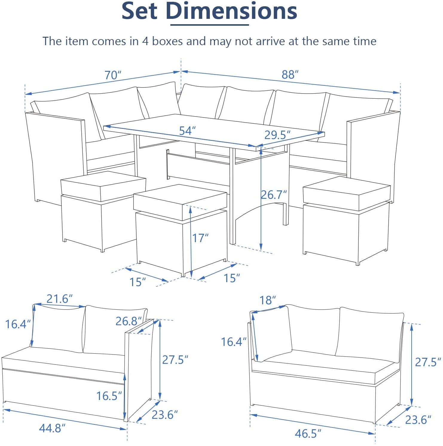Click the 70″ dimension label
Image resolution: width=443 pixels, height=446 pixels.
pyautogui.click(x=113, y=75)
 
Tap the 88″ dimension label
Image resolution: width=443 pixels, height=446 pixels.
pyautogui.click(x=290, y=74)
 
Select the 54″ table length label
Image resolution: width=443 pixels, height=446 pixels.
pyautogui.click(x=187, y=131)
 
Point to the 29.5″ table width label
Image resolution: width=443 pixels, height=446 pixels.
pyautogui.click(x=277, y=135)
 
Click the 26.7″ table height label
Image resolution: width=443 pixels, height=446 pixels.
pyautogui.click(x=274, y=195)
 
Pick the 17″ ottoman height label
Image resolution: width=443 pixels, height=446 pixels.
pyautogui.click(x=200, y=238)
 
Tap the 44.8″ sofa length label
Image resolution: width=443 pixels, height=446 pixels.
pyautogui.click(x=52, y=428)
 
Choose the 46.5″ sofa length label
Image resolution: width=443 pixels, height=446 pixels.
pyautogui.click(x=308, y=433)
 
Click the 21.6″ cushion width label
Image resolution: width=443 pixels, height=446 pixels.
pyautogui.click(x=59, y=299)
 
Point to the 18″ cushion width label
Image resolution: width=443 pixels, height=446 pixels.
pyautogui.click(x=267, y=300)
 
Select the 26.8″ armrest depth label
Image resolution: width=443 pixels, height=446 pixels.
pyautogui.click(x=129, y=321)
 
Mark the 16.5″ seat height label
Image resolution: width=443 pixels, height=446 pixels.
pyautogui.click(x=109, y=396)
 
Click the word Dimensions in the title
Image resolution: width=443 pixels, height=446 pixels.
pyautogui.click(x=231, y=11)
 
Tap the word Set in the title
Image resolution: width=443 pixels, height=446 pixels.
pyautogui.click(x=139, y=11)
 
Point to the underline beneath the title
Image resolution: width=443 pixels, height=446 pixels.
pyautogui.click(x=210, y=25)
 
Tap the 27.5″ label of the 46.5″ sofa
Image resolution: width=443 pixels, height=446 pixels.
pyautogui.click(x=428, y=362)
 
